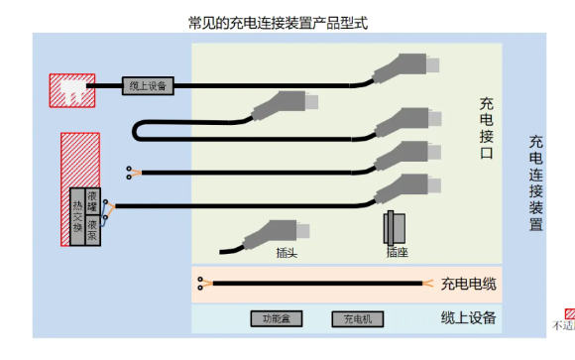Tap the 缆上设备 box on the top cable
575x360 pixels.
point(149,85)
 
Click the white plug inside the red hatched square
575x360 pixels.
point(71,89)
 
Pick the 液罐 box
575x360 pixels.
point(93,200)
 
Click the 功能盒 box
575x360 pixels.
point(270,319)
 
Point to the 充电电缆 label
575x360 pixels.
point(468,285)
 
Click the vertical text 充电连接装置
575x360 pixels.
point(535,183)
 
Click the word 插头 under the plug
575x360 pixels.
point(287,253)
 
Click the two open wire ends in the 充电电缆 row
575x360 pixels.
point(202,285)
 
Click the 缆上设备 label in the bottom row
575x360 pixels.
point(468,318)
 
